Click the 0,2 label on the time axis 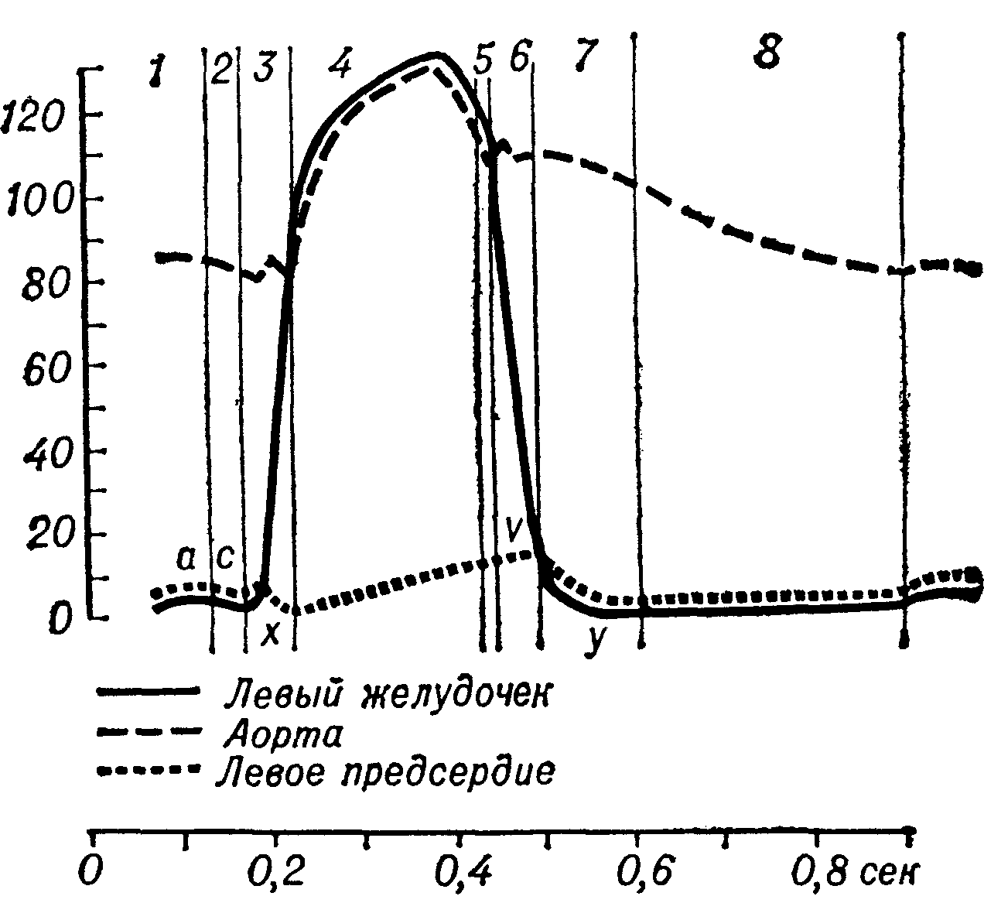tap(272, 871)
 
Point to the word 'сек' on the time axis tap(889, 871)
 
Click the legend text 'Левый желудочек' tap(386, 693)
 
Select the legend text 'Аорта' tap(282, 734)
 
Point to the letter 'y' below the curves tap(594, 642)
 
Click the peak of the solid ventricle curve tap(436, 55)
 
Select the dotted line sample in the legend tap(146, 771)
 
